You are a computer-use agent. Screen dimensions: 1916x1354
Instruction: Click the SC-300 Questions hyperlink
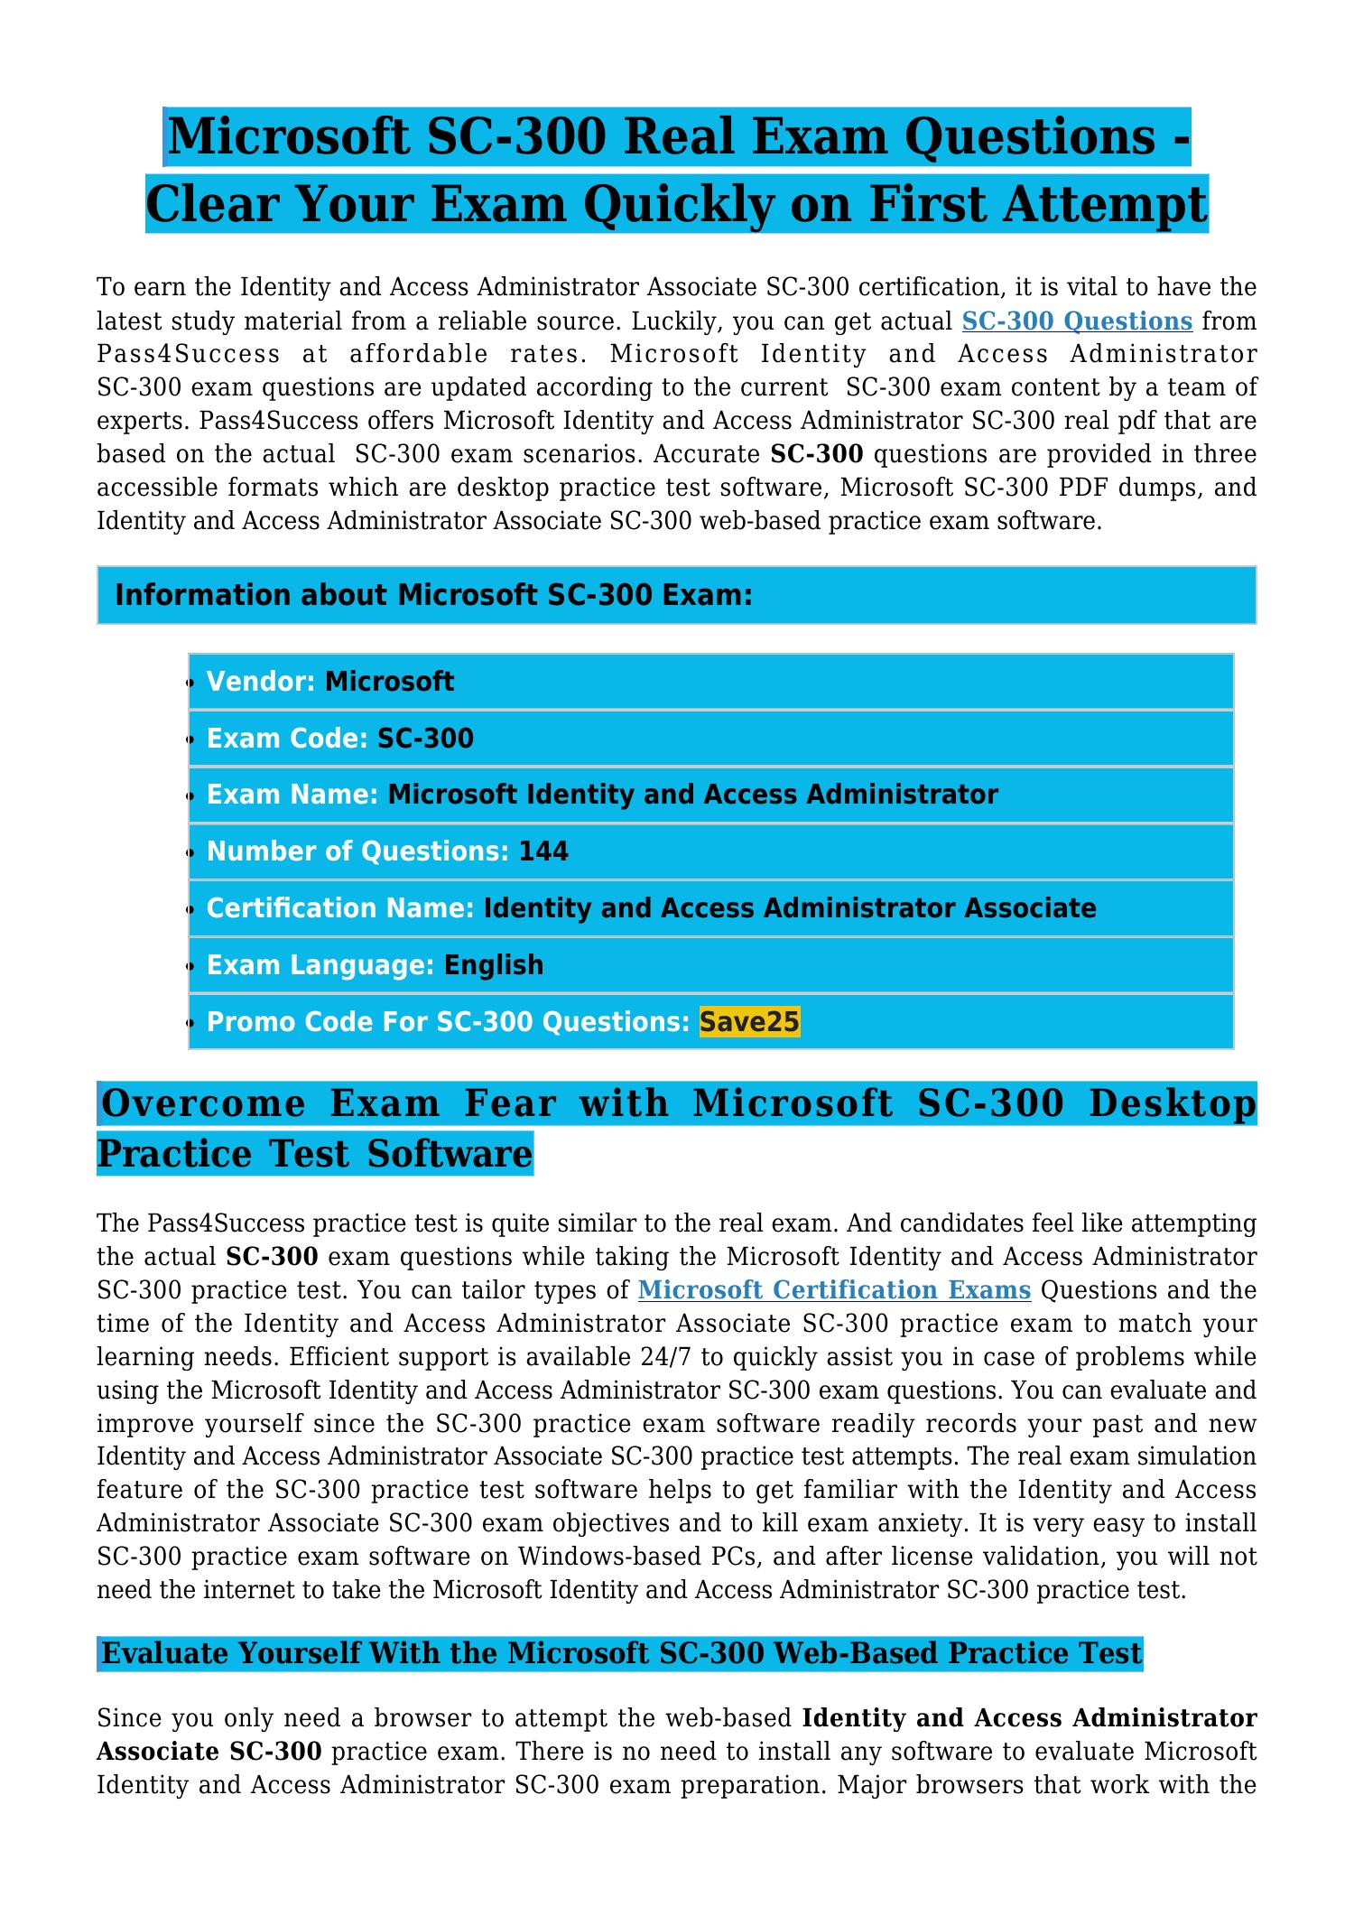click(1077, 321)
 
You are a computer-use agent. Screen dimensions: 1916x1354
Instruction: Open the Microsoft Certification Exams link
click(834, 1290)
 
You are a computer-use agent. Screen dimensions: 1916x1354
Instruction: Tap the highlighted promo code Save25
click(749, 1022)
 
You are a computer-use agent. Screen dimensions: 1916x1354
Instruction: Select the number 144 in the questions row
click(543, 851)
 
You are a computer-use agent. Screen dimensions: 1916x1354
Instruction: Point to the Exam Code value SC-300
click(425, 739)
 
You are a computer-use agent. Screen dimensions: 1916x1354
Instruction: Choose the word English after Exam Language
click(494, 965)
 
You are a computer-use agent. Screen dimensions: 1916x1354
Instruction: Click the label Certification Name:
click(340, 908)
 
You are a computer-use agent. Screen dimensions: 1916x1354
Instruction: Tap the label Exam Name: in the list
click(292, 795)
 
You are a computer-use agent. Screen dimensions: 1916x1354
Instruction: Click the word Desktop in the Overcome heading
click(1173, 1104)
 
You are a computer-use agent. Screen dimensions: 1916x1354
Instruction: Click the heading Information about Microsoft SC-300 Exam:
click(434, 596)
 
